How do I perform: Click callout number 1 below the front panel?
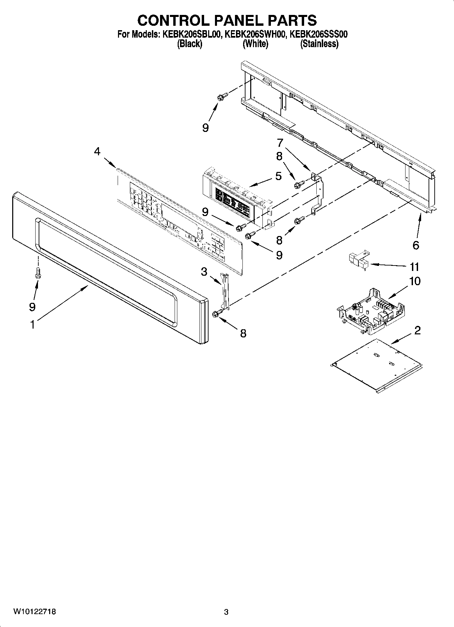pos(32,325)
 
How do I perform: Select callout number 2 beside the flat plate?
pos(417,330)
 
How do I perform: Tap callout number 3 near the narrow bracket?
pos(204,272)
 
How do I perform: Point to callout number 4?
pos(97,151)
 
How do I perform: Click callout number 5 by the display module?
pos(278,176)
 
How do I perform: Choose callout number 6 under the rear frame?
pos(416,245)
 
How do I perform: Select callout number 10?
pos(415,281)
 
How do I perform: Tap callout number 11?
pos(414,267)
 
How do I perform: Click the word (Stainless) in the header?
pos(319,44)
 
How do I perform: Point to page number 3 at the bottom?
pos(226,612)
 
